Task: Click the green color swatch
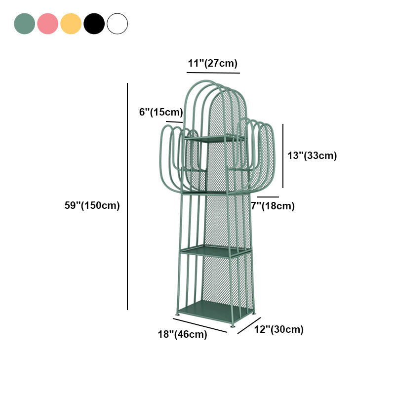click(x=24, y=24)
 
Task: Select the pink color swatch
click(x=47, y=24)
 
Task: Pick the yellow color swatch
click(x=71, y=24)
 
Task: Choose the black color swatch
click(x=94, y=24)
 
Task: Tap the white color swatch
click(x=117, y=24)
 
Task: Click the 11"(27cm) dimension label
click(x=213, y=63)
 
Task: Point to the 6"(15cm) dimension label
click(x=161, y=112)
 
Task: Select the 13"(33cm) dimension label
click(x=312, y=156)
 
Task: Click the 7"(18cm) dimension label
click(x=273, y=206)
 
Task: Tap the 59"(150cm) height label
click(x=92, y=205)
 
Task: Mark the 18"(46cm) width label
click(x=182, y=334)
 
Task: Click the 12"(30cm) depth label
click(x=278, y=329)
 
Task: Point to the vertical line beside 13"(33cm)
click(x=283, y=156)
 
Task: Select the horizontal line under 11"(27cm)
click(x=213, y=73)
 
